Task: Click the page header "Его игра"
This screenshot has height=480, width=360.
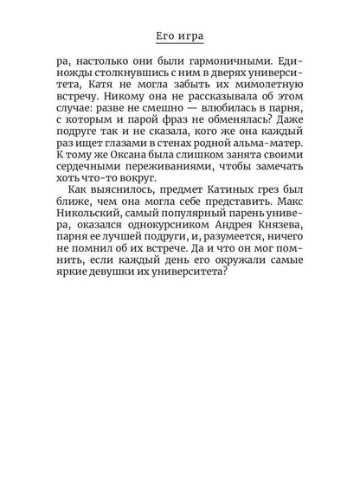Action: point(180,35)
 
